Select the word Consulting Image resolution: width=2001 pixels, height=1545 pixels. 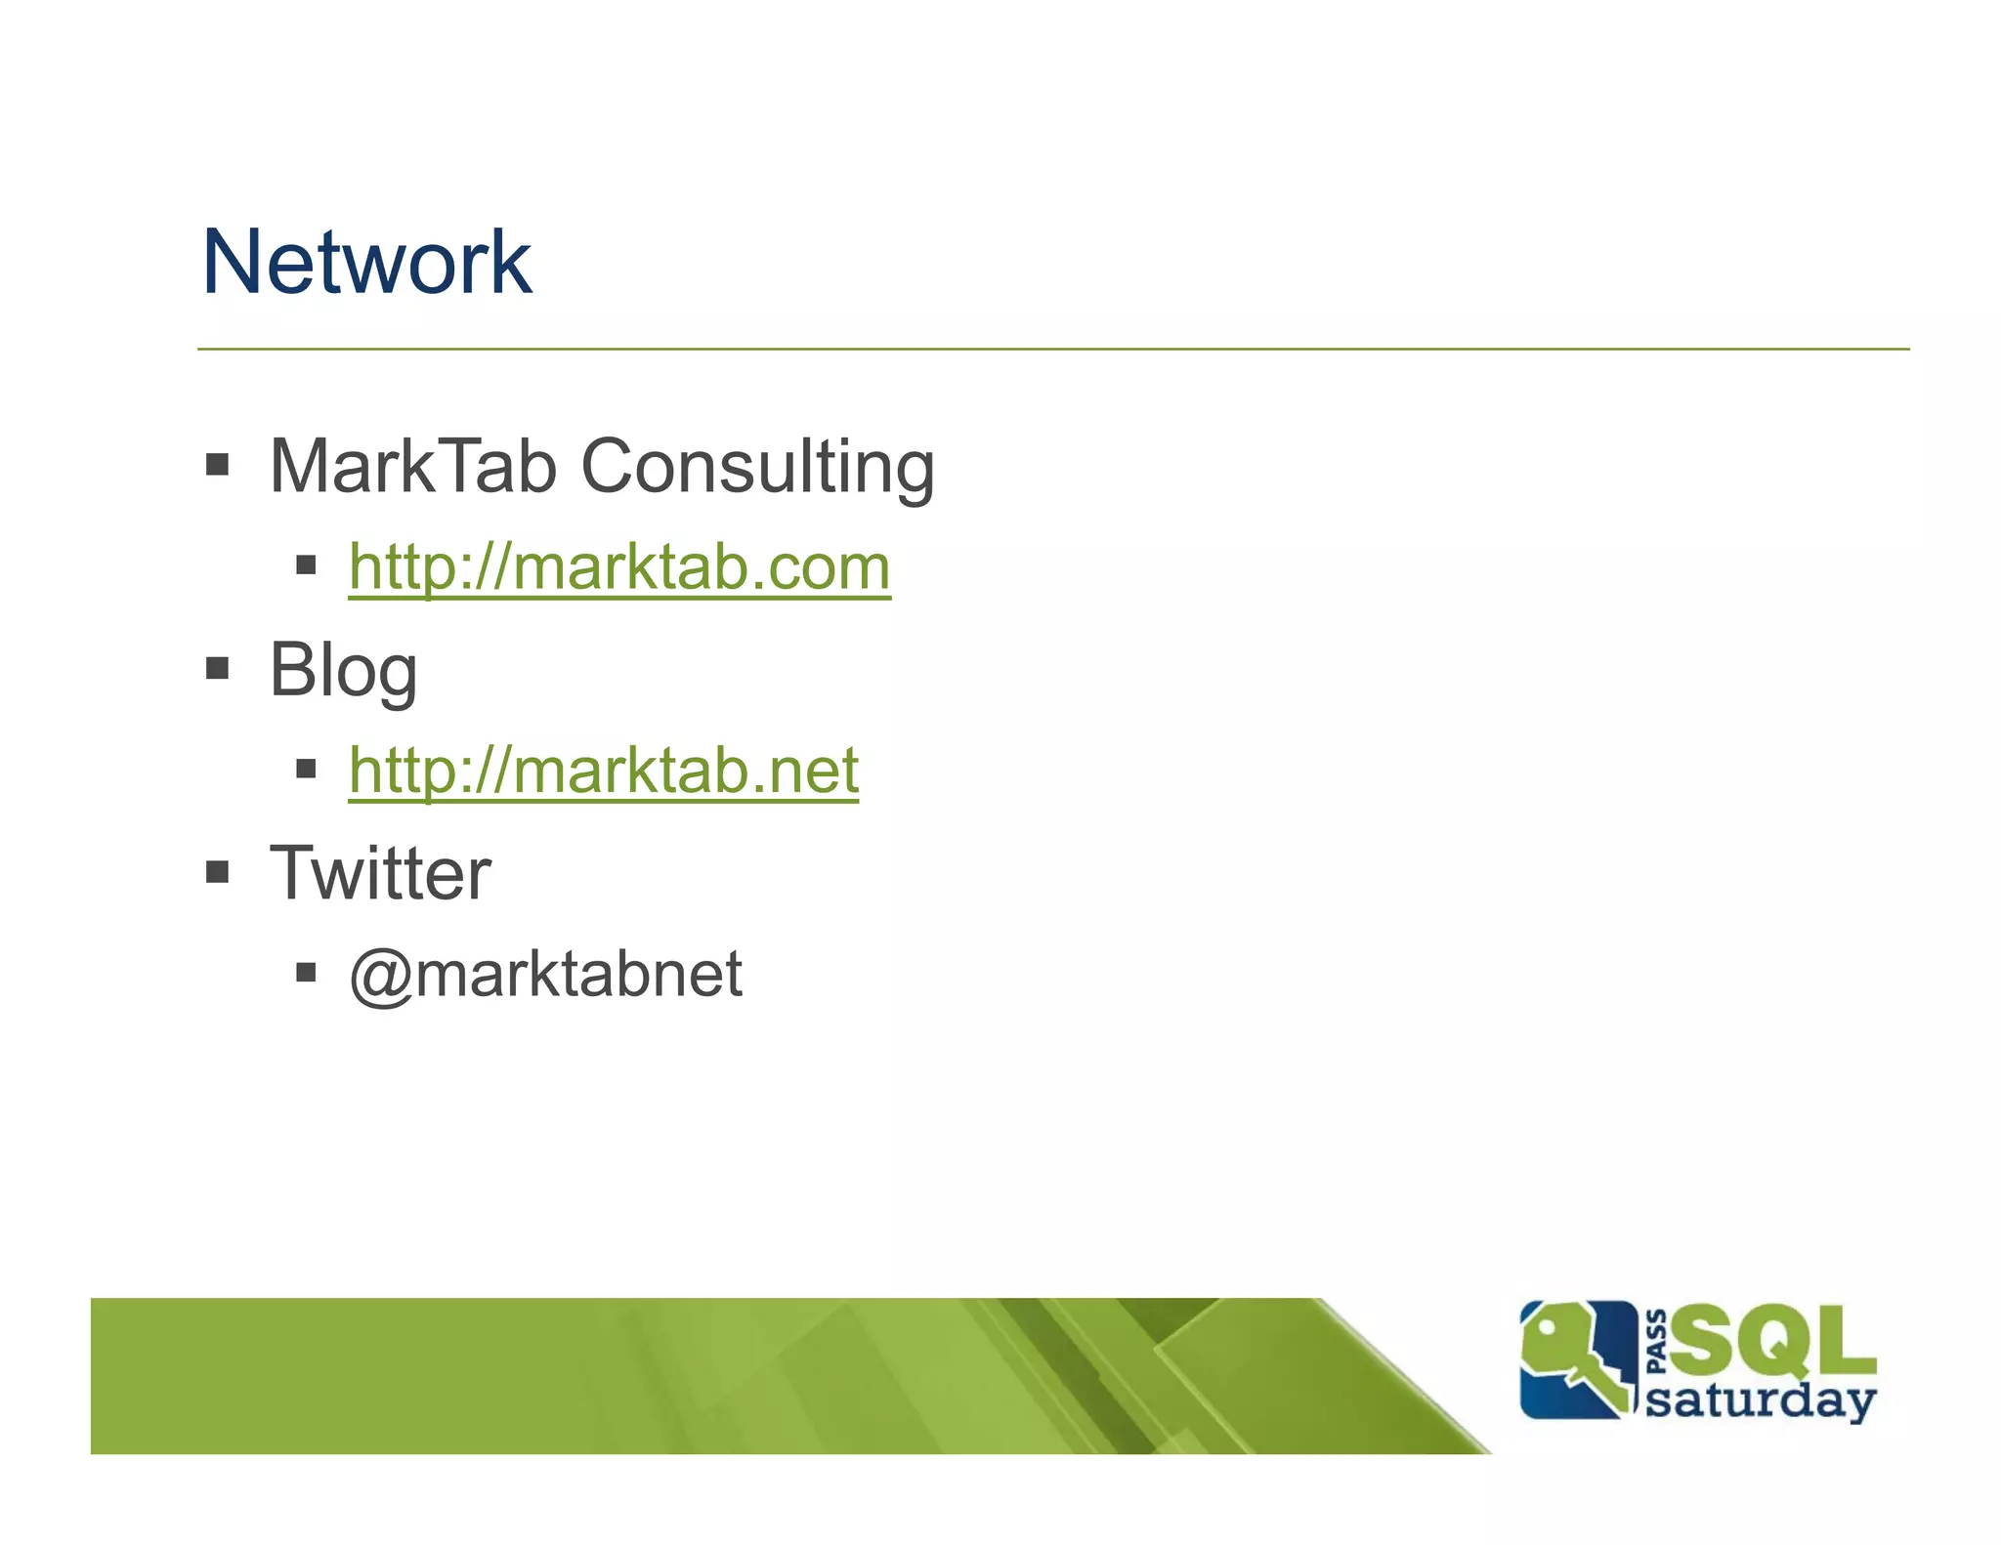[x=757, y=469]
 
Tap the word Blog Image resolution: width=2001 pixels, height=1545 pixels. [x=343, y=671]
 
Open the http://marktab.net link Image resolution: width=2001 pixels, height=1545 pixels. [x=603, y=771]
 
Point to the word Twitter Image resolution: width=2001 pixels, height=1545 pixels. [x=380, y=873]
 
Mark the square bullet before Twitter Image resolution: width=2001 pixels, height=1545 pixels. [x=218, y=871]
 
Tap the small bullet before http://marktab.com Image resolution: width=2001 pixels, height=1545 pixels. [x=306, y=564]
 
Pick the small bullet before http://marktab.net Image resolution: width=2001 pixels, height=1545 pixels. [x=306, y=769]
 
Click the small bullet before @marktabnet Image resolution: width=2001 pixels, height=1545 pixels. [x=306, y=972]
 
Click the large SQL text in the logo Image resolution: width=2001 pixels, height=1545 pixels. [x=1773, y=1341]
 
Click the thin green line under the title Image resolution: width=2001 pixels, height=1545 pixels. [x=1052, y=349]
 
